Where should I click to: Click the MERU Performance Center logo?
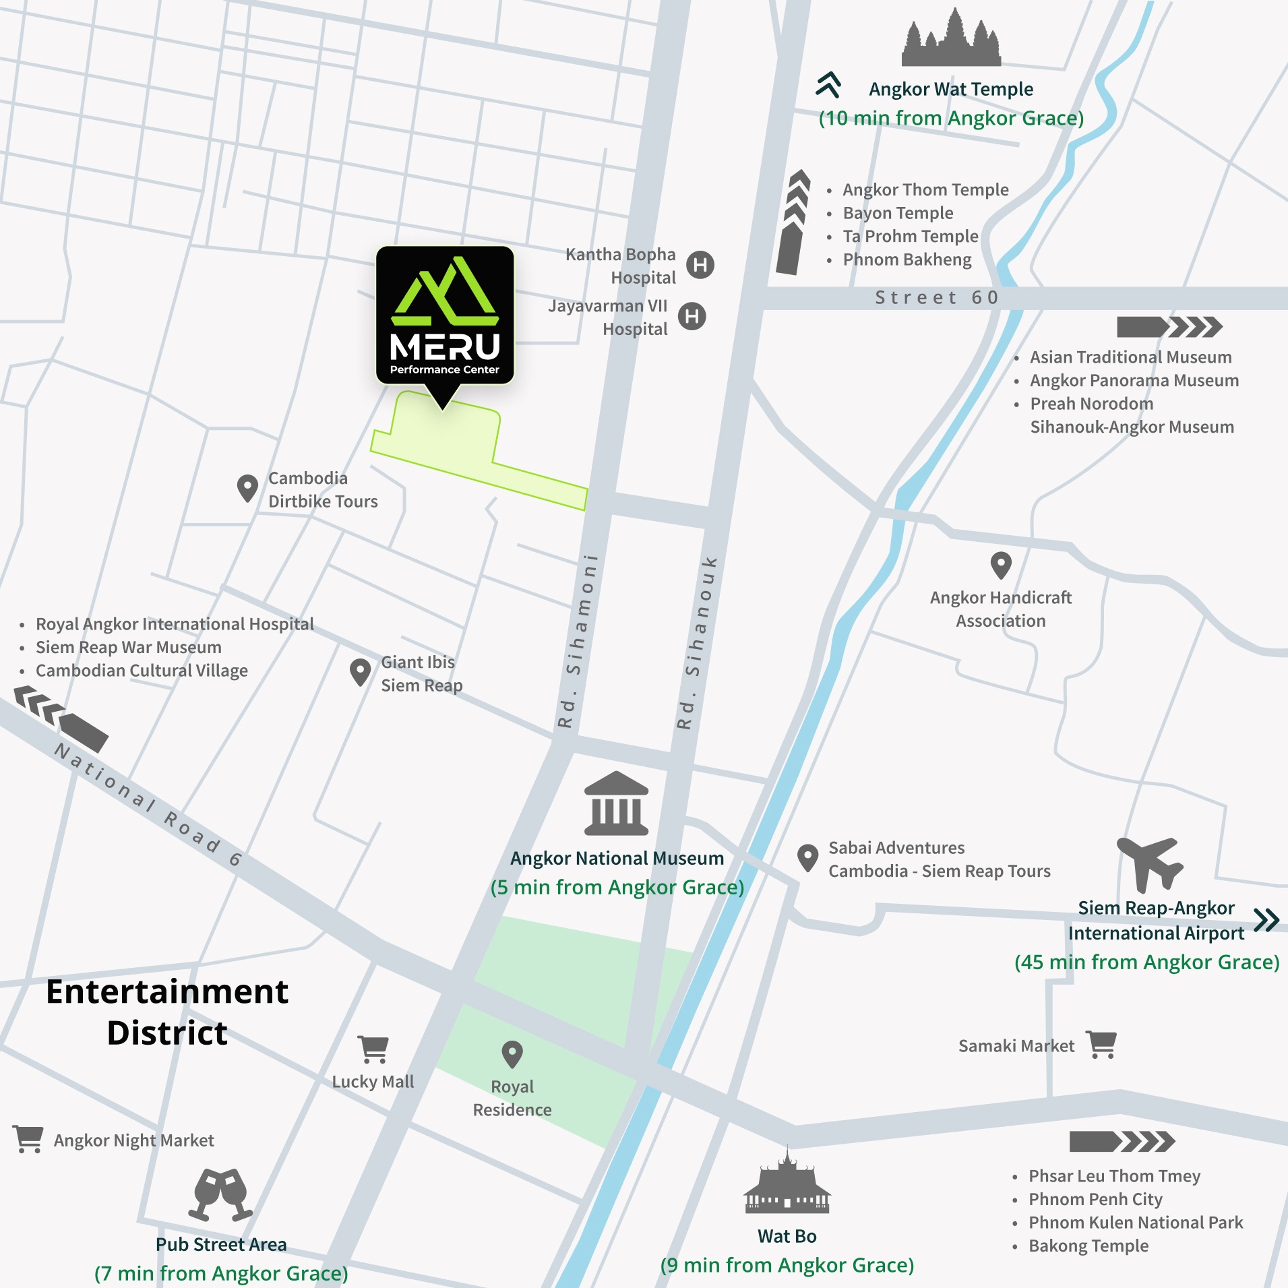point(445,315)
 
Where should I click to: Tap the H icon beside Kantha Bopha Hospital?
point(700,264)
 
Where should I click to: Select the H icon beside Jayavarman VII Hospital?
point(692,316)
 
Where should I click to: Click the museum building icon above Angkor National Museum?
point(616,803)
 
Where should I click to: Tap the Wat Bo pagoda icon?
point(787,1182)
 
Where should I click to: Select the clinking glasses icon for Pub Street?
point(220,1194)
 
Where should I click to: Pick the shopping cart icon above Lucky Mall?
point(373,1049)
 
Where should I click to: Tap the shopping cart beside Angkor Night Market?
point(28,1138)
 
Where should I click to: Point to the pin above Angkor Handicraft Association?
point(1001,565)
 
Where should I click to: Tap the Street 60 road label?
point(936,298)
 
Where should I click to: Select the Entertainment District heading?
point(167,1012)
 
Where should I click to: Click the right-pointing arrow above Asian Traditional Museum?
point(1169,327)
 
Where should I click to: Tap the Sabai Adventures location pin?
point(807,858)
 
